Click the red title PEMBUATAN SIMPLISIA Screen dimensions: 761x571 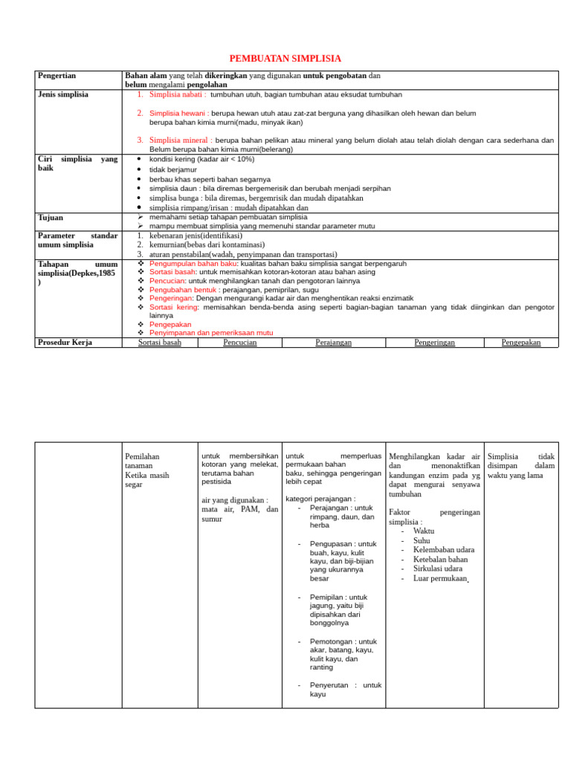coord(285,59)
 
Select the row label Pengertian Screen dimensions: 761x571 coord(57,76)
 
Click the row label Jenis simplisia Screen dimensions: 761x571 coord(62,94)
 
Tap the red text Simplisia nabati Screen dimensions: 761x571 coord(178,95)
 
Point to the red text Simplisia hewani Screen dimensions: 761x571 coord(178,113)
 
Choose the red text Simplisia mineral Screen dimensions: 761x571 coord(181,140)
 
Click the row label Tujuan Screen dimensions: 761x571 coord(51,218)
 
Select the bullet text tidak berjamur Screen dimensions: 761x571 coord(173,169)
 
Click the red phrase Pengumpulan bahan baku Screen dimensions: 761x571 coord(193,264)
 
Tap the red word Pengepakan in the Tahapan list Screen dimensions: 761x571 coord(170,324)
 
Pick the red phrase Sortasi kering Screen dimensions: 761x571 coord(174,306)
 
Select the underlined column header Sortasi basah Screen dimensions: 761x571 coord(160,343)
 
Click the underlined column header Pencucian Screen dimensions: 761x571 coord(240,343)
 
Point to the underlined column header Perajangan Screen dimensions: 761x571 coord(334,343)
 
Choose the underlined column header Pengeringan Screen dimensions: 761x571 coord(434,343)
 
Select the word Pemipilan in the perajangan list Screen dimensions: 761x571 coord(327,597)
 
